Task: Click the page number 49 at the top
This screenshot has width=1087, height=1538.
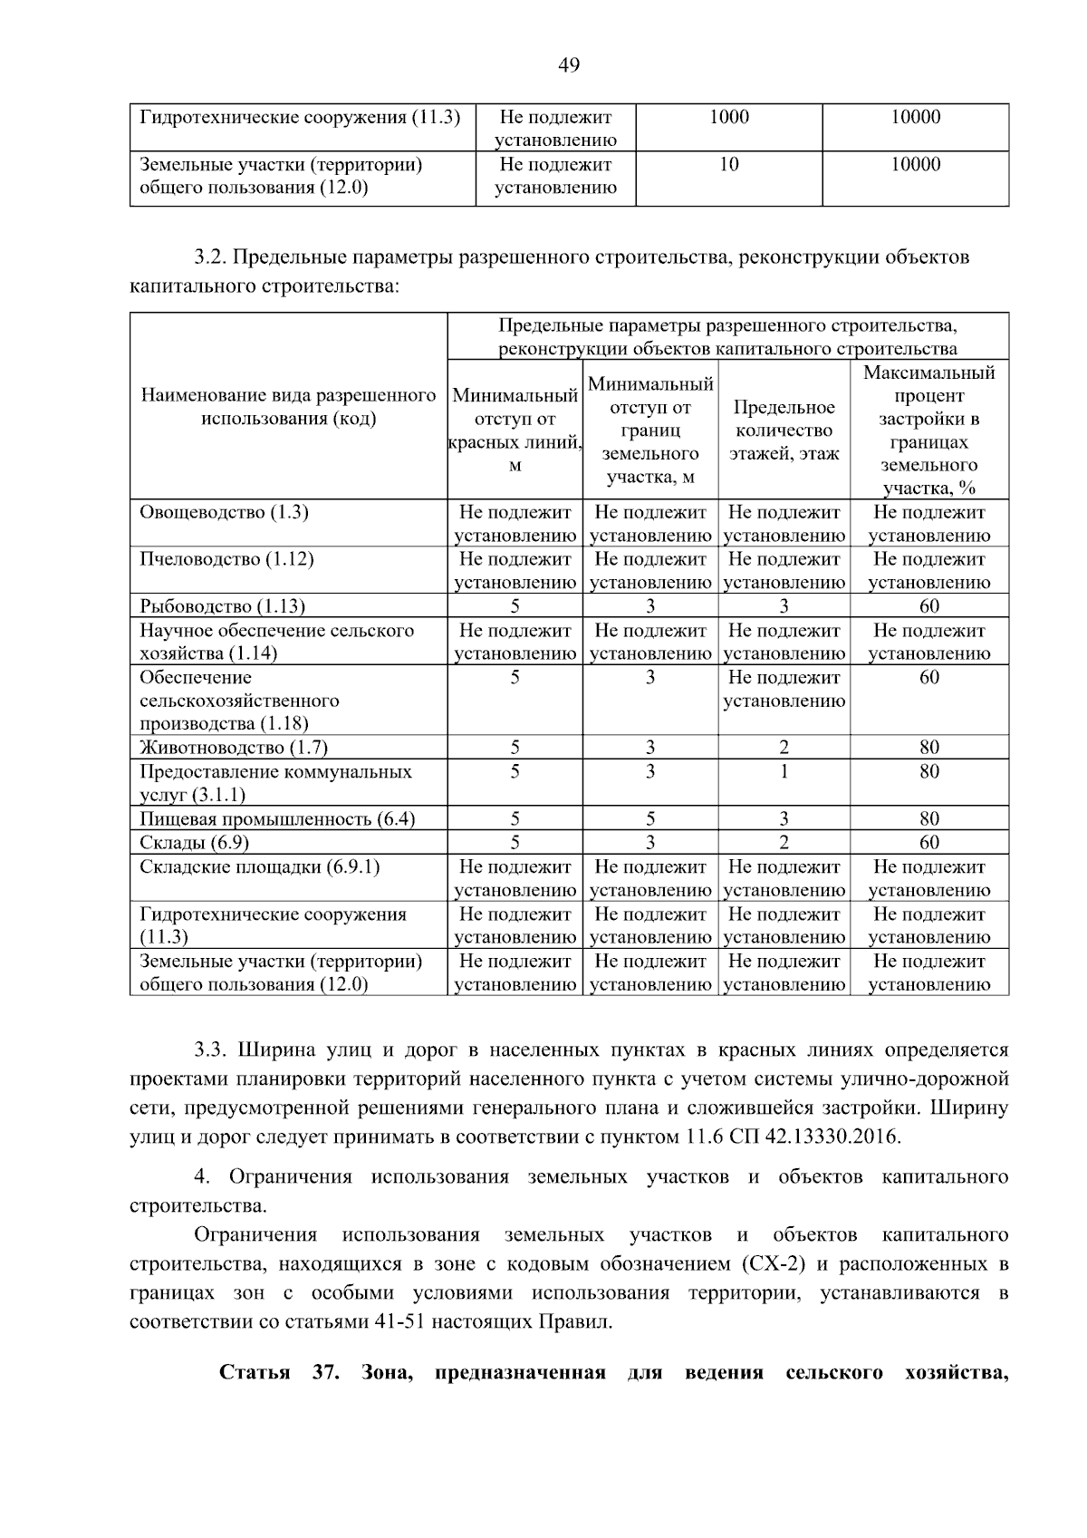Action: (569, 65)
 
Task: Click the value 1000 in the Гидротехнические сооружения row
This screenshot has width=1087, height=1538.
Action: (729, 117)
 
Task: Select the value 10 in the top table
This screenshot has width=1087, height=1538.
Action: (729, 165)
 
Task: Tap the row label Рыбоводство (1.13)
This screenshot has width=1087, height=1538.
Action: (222, 606)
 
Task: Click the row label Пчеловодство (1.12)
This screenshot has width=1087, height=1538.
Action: (226, 559)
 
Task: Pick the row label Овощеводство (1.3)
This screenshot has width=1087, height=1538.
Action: (224, 512)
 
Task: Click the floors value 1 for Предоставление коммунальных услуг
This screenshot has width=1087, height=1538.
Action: (784, 771)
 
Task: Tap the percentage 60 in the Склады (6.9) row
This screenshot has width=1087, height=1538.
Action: (928, 843)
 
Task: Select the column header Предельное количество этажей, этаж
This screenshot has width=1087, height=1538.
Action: (784, 430)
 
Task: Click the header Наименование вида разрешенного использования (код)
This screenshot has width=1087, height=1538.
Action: (288, 407)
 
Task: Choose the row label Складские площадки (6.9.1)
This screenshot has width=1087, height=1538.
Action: (260, 867)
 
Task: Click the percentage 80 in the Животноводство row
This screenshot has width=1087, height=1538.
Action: (928, 748)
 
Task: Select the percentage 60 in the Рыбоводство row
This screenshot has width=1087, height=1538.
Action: (928, 606)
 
